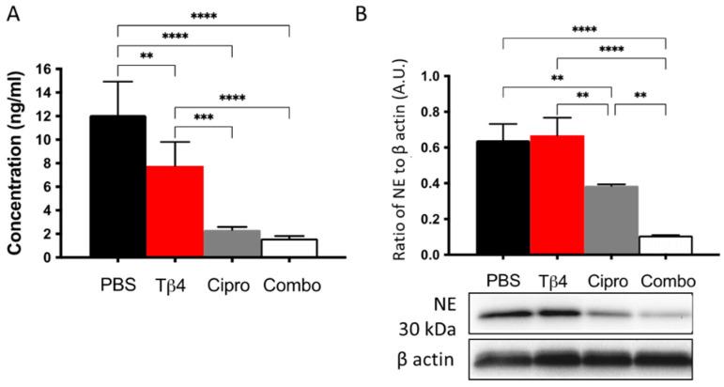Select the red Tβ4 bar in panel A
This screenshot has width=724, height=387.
click(x=175, y=210)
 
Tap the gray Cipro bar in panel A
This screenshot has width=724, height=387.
click(x=232, y=242)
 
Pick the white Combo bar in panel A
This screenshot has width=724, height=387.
click(x=289, y=246)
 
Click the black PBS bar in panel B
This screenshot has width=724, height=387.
click(x=503, y=197)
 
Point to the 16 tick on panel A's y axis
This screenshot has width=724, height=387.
click(x=69, y=70)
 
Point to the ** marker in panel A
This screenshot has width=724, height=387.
click(x=146, y=55)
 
